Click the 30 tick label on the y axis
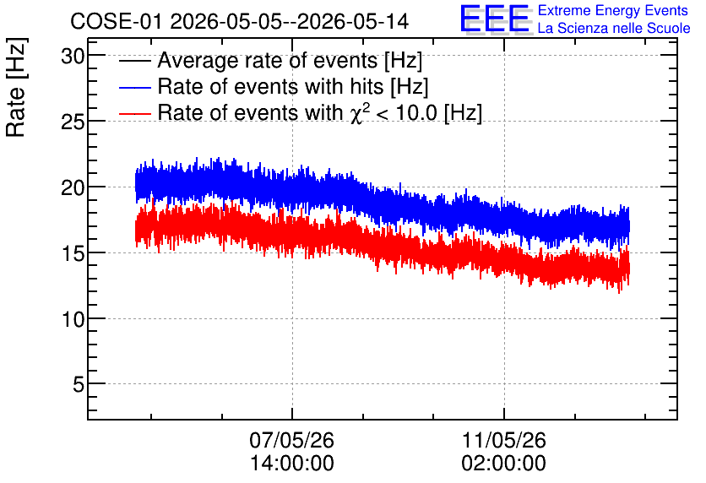click(72, 57)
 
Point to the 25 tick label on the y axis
click(72, 122)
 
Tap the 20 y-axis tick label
click(72, 187)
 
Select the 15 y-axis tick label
click(72, 253)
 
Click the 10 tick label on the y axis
click(72, 319)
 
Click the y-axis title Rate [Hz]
click(16, 88)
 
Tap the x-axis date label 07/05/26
click(291, 440)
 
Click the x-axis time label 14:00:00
click(291, 464)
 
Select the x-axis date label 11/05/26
click(504, 440)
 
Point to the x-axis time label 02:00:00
click(504, 464)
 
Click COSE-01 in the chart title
click(116, 21)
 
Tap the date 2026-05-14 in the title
click(354, 21)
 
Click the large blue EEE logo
click(495, 19)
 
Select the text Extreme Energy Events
click(613, 10)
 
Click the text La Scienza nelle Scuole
click(614, 29)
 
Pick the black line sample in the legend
click(135, 61)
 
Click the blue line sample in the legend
click(135, 87)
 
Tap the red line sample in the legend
click(135, 113)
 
